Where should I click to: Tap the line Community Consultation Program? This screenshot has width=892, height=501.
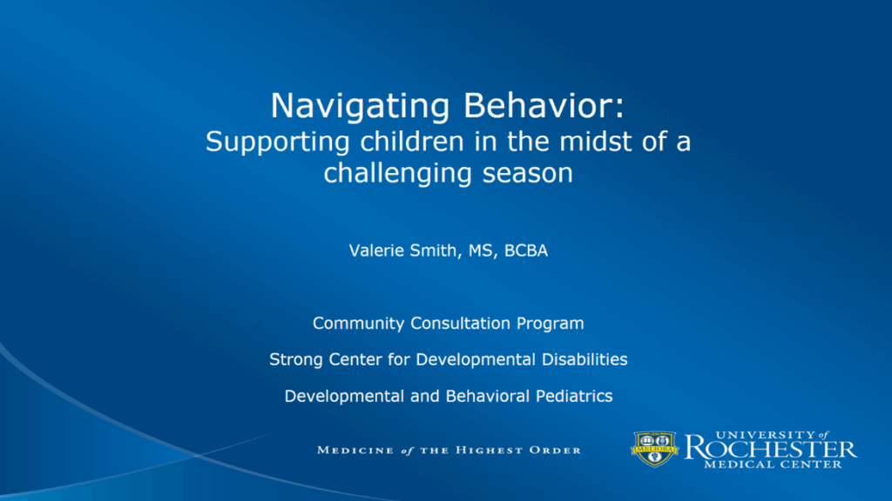point(448,324)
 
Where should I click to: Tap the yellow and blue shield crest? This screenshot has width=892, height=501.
point(654,449)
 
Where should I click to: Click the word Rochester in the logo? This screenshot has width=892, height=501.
point(770,449)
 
